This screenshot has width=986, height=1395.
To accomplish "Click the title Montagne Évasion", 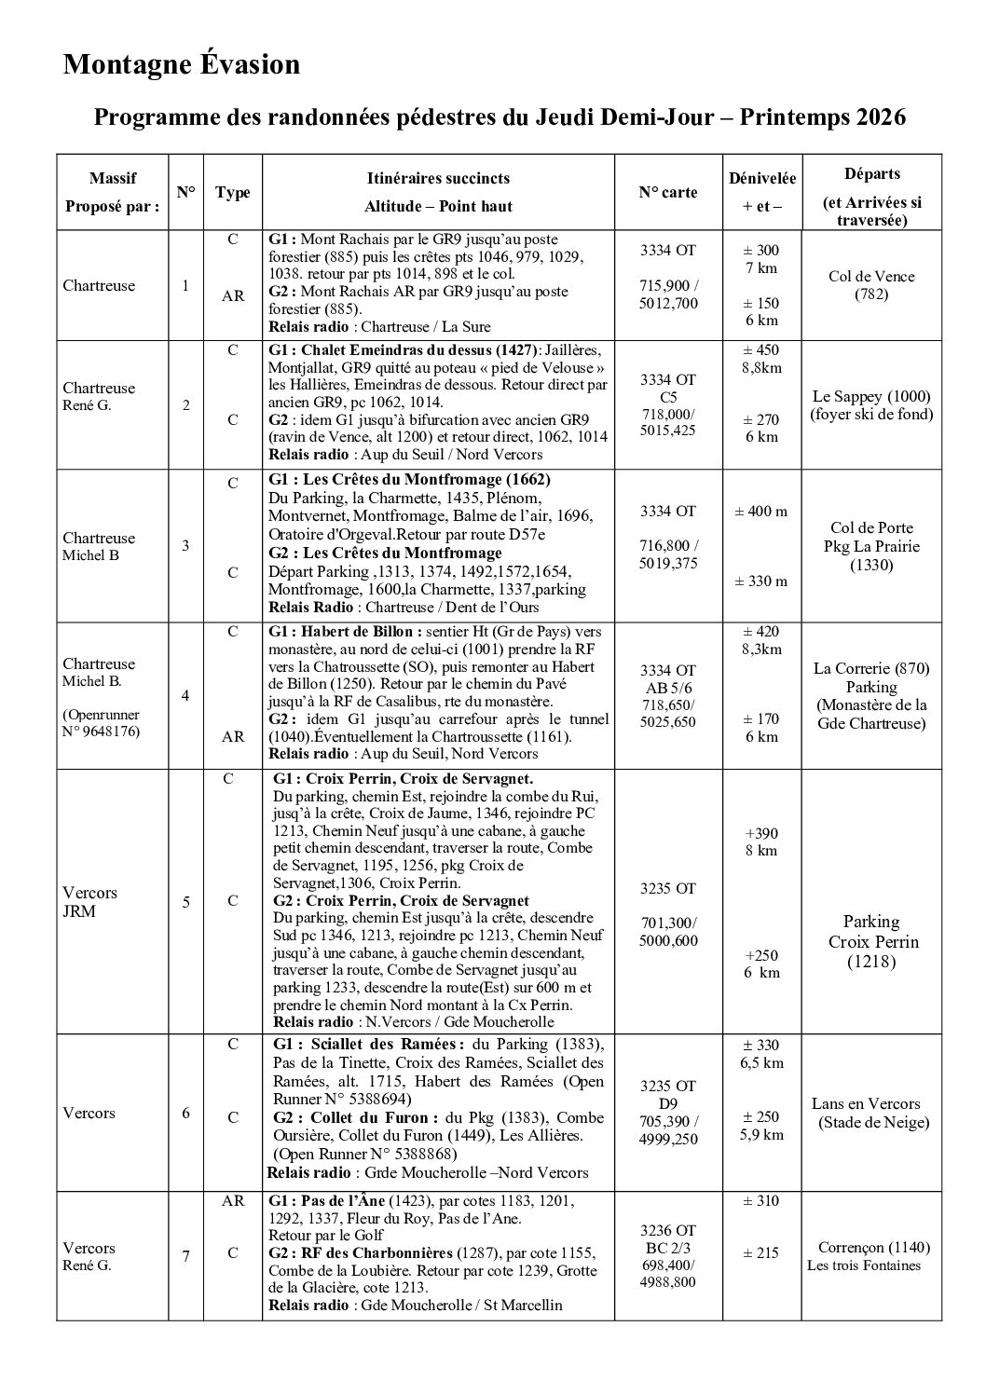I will [x=182, y=64].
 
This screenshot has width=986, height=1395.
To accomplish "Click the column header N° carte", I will [x=667, y=192].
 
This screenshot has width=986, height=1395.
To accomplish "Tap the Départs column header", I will [x=871, y=174].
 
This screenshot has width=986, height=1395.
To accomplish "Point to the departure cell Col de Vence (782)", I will [x=871, y=285].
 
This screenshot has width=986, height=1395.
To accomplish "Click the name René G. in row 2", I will [x=87, y=405].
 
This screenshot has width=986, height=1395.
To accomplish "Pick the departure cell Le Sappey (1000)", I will [x=871, y=395].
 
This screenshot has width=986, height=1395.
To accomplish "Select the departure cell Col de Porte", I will [x=871, y=527].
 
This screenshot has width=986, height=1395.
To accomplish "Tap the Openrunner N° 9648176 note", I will [x=102, y=722].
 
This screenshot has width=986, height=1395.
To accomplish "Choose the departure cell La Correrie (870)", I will [x=871, y=668].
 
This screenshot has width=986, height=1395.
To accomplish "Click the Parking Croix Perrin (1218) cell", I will [x=871, y=941].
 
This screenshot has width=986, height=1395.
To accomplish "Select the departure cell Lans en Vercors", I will [x=867, y=1103].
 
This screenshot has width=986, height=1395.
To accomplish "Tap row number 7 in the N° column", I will [x=185, y=1256].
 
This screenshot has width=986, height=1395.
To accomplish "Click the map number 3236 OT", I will [x=667, y=1230].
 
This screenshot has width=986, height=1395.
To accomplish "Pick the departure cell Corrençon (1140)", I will [x=873, y=1247].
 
